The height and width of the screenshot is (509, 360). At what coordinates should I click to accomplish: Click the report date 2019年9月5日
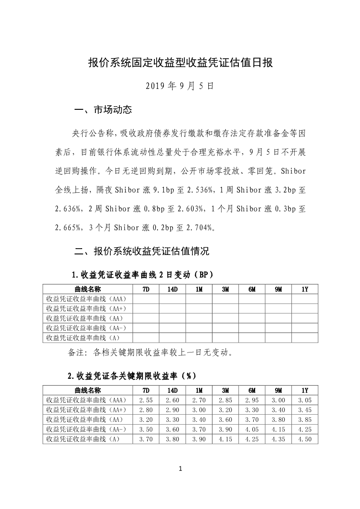click(x=180, y=85)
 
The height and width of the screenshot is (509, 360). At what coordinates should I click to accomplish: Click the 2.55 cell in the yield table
click(x=145, y=400)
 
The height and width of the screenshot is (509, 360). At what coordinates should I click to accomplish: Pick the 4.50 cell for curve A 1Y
click(x=305, y=439)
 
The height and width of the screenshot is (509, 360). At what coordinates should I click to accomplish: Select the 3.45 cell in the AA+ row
click(x=305, y=410)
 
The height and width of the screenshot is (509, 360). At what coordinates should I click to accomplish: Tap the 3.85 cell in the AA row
click(x=305, y=419)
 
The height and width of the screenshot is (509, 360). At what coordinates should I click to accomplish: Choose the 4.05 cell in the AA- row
click(x=252, y=429)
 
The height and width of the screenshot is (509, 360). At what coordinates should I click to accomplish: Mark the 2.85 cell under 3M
click(x=225, y=400)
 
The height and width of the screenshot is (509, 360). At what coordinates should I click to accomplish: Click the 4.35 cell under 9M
click(x=278, y=439)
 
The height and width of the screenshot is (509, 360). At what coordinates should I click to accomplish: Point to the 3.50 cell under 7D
click(x=145, y=429)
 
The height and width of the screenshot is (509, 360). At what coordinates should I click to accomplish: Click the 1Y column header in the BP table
click(x=305, y=289)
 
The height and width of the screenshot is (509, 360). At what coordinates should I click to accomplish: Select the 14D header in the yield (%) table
click(x=172, y=390)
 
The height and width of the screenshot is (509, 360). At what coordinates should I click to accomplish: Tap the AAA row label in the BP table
click(x=86, y=299)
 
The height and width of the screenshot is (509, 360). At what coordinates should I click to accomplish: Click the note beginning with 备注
click(x=151, y=352)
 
